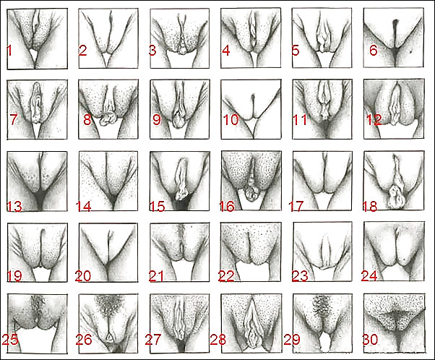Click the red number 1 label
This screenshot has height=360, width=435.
point(9,51)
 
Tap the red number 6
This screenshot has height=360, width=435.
point(374,50)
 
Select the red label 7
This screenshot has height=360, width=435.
point(13,119)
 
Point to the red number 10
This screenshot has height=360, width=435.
point(231,119)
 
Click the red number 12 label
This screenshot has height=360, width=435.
point(374,119)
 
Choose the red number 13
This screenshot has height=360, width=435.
point(14,207)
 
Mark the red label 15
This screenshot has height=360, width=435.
point(158,207)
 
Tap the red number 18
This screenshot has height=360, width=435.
point(370,207)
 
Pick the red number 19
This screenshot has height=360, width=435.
point(14,276)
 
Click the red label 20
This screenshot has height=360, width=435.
point(83,276)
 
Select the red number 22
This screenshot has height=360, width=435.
point(226,276)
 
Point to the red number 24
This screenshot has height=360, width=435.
point(369,276)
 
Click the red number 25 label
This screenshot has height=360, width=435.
point(10,340)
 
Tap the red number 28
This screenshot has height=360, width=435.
point(218,340)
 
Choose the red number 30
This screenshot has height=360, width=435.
point(371,340)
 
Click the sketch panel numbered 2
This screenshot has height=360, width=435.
point(108,38)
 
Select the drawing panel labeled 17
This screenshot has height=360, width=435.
point(322,181)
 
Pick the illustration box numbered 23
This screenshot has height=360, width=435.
point(322,252)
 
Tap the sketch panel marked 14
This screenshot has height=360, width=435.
point(108,181)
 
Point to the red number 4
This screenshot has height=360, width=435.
point(226,51)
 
